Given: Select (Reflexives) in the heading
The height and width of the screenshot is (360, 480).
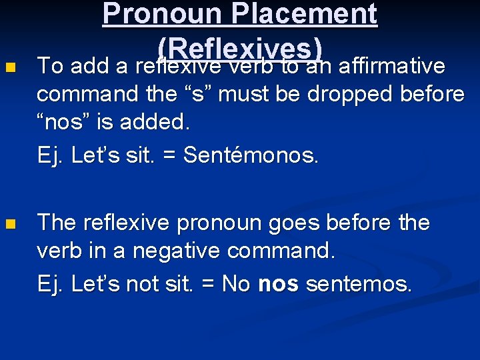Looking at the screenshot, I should point(241,48).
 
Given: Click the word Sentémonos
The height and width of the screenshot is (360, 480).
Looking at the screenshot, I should point(252,155).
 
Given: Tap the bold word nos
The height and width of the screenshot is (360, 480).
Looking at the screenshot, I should point(279,285).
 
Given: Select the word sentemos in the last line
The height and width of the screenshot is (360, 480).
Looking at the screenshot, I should point(359,285).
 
